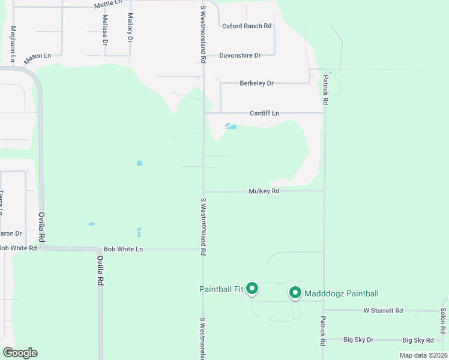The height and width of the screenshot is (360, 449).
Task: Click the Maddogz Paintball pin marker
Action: point(295,292)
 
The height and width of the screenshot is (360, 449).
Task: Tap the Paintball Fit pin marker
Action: point(253,289)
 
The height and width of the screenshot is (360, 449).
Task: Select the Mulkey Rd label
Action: point(265,191)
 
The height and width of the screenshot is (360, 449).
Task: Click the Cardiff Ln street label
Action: point(265,113)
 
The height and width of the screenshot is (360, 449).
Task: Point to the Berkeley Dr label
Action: point(256,83)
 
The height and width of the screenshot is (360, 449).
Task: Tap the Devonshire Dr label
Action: point(240,55)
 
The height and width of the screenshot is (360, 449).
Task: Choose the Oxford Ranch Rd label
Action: point(247,26)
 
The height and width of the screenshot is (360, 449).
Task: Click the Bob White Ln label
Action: point(123,249)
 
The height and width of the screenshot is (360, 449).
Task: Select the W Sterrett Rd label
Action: point(383,311)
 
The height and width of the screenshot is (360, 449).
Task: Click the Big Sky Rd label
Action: point(418,340)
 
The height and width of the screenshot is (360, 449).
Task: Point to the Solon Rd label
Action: point(442,321)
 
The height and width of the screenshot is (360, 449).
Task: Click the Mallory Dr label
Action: point(130,28)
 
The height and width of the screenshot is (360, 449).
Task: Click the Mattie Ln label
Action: point(108,5)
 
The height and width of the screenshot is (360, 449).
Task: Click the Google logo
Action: point(20,353)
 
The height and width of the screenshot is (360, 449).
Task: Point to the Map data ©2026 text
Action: point(423,355)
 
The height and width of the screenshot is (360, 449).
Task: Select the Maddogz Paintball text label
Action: point(342,293)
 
